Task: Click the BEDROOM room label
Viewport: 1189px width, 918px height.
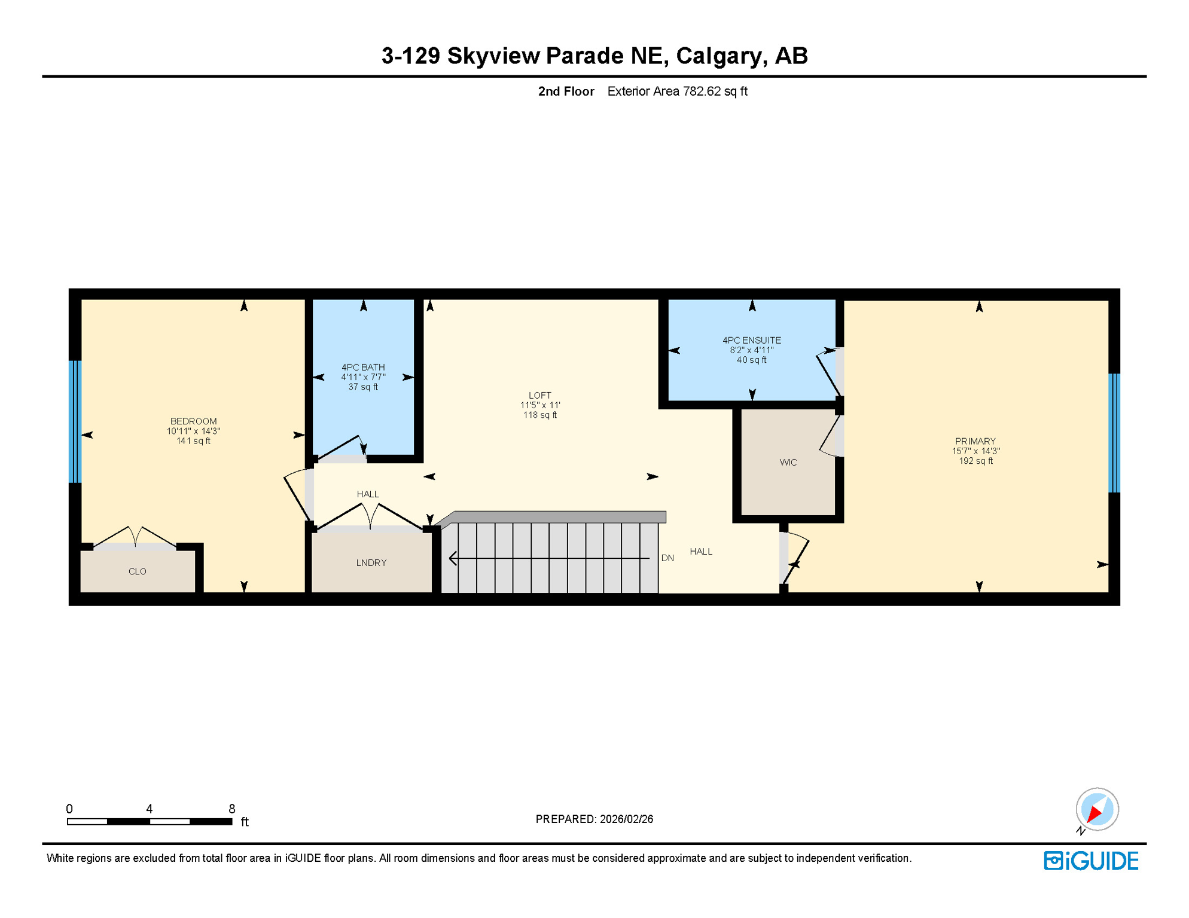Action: tap(193, 421)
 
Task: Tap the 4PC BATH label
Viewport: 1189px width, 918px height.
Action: tap(363, 368)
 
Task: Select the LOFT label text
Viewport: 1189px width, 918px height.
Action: tap(539, 395)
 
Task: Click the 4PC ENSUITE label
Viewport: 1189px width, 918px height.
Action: tap(751, 340)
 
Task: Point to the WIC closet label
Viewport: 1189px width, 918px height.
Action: tap(788, 462)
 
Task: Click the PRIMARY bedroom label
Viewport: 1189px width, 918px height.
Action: tap(975, 441)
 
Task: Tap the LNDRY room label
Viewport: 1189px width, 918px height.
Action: tap(371, 562)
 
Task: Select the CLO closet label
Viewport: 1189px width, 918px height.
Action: tap(137, 571)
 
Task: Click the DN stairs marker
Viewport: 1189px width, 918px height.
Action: tap(667, 558)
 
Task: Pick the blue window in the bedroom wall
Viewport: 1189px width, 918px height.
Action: tap(75, 421)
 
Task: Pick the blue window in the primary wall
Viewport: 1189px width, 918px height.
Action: tap(1114, 433)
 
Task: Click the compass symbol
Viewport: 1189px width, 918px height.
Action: tap(1097, 809)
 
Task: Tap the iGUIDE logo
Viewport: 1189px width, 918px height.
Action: tap(1091, 861)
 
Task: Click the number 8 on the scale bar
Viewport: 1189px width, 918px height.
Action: tap(232, 809)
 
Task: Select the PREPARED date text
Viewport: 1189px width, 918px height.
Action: tap(594, 819)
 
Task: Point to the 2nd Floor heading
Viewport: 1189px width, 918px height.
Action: tap(566, 91)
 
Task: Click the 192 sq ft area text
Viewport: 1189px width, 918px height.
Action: tap(975, 461)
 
